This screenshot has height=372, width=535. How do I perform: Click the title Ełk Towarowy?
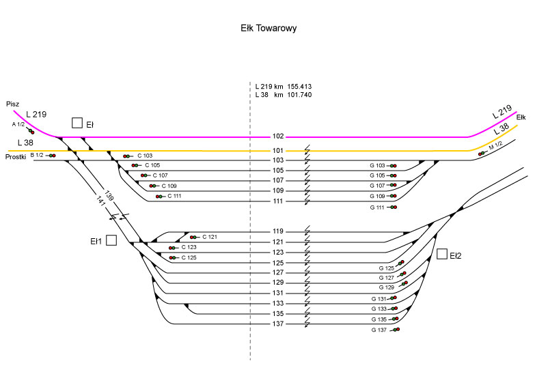click(x=268, y=29)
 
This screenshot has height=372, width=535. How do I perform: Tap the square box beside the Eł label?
click(x=77, y=123)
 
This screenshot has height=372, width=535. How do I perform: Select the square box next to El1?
click(x=111, y=240)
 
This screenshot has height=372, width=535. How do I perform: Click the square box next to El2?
click(x=442, y=255)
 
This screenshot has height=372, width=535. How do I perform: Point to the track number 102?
click(x=278, y=137)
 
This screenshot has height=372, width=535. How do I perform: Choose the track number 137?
click(x=278, y=324)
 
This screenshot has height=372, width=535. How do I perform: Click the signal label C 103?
click(x=145, y=156)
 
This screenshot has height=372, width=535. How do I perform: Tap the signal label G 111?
click(x=377, y=207)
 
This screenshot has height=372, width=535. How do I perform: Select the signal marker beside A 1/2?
click(x=31, y=131)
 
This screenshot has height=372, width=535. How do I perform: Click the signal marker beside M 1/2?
click(x=482, y=153)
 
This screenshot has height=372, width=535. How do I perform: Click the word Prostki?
click(x=15, y=157)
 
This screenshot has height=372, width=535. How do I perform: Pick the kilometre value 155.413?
click(x=300, y=87)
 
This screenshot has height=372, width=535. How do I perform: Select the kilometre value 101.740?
click(x=300, y=96)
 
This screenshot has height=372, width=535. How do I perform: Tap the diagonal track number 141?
click(x=101, y=202)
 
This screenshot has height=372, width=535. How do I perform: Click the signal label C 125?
click(x=189, y=257)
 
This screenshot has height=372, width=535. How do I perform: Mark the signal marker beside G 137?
click(x=396, y=330)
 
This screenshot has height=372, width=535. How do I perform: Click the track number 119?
click(x=278, y=231)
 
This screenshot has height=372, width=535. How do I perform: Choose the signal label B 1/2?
click(x=37, y=156)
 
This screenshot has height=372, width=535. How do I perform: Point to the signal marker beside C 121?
click(x=194, y=238)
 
